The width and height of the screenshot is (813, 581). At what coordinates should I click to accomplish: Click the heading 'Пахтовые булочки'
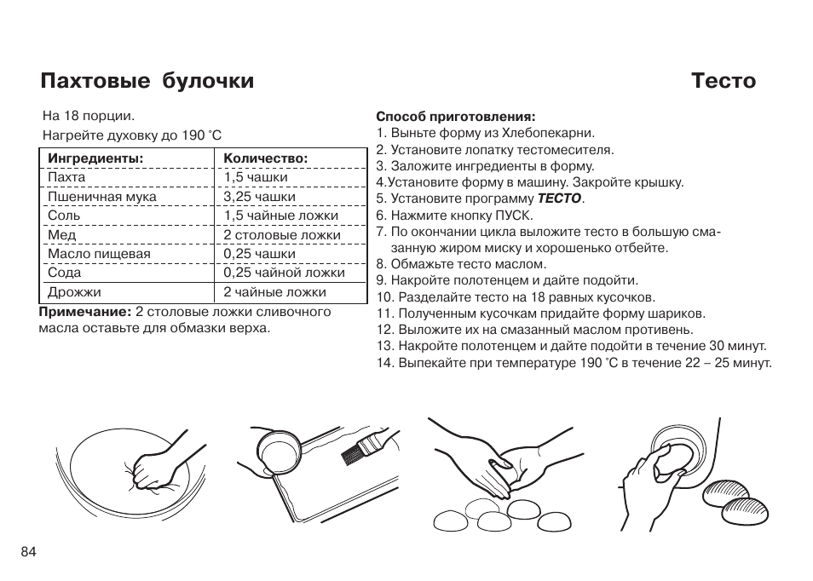pos(147,81)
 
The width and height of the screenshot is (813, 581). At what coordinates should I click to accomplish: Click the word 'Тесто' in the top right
pos(724,81)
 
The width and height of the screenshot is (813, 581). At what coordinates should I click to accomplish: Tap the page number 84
pos(28,551)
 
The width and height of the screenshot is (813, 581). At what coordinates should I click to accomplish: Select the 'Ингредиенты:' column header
pos(95,158)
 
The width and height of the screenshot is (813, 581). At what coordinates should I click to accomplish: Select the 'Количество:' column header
pos(265,158)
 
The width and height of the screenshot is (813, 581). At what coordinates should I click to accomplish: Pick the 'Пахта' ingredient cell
pos(66,177)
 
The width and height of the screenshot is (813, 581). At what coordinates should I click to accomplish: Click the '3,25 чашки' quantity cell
pos(259,197)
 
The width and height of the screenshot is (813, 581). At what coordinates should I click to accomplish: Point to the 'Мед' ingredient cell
pos(61,235)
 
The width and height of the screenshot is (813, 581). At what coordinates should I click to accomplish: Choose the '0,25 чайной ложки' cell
pos(284,273)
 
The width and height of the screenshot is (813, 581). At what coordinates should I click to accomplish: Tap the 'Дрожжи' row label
pos(74,292)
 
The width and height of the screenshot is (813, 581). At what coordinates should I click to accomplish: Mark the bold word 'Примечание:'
pos(85,312)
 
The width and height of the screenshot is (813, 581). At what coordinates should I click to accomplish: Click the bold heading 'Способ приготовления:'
pos(456,117)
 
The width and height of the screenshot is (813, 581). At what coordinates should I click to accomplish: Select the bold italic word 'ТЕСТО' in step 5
pos(558,198)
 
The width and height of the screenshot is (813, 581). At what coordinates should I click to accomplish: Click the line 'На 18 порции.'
pos(89,116)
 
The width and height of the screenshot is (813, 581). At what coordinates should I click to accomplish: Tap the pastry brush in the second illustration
pos(359,450)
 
